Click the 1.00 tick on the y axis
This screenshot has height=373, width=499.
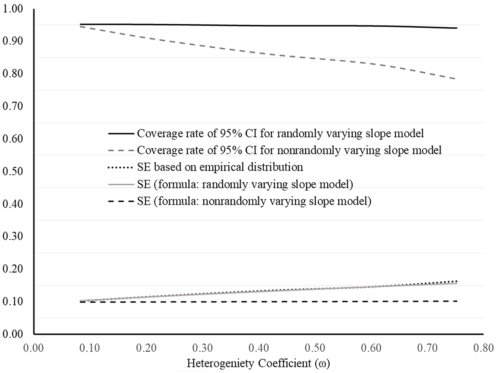(13, 9)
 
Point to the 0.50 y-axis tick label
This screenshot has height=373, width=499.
(13, 171)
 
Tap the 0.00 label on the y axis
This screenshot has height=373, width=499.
(13, 334)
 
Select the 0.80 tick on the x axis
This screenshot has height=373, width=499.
(483, 348)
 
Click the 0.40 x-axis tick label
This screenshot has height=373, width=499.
(259, 348)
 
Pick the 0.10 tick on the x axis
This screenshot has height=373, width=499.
(90, 348)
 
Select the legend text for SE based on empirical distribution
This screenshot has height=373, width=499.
(220, 167)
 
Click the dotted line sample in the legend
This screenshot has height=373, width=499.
(121, 168)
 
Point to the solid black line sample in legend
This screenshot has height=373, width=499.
(121, 134)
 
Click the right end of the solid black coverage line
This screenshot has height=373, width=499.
(457, 28)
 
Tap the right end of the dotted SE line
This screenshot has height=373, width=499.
(456, 281)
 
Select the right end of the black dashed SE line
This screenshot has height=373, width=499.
(457, 301)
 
